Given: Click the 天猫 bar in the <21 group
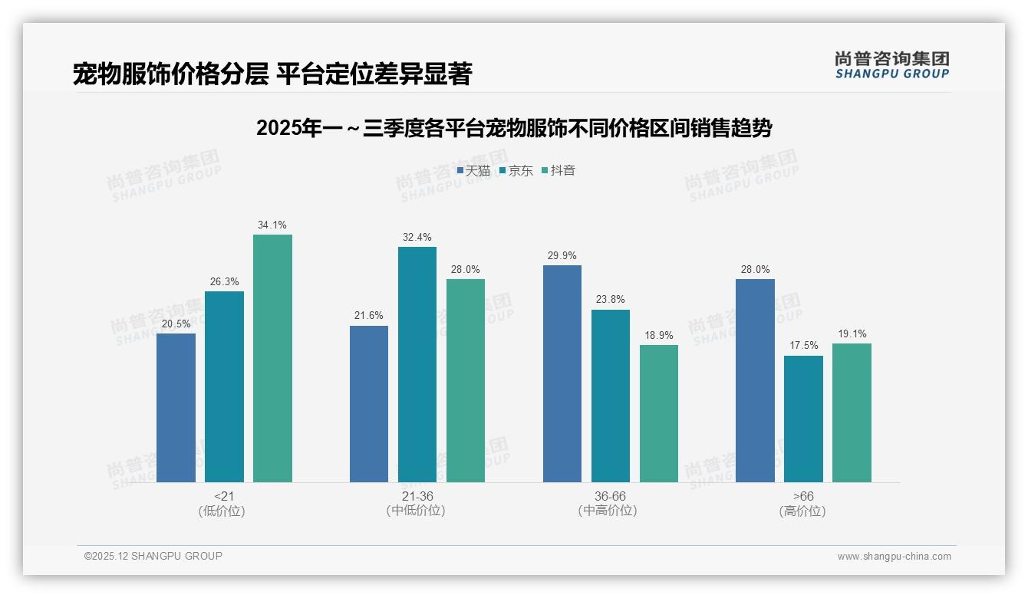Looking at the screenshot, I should (x=176, y=408).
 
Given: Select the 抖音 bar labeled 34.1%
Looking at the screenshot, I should (x=272, y=358).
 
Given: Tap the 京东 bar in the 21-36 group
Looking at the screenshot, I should (x=417, y=364).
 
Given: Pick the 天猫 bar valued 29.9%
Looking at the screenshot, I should (x=562, y=373).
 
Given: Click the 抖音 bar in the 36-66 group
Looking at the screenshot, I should (x=659, y=413).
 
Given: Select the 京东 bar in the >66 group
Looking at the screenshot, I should (x=803, y=419).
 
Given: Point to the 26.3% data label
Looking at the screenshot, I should (x=224, y=281).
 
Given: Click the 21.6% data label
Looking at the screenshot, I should (x=369, y=316).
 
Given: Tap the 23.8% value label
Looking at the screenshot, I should (x=611, y=300).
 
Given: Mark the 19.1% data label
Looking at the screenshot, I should (x=852, y=333).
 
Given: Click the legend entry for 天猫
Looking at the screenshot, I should (x=473, y=170).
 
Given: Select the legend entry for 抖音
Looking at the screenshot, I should (x=558, y=170).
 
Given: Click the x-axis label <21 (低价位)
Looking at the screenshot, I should (x=224, y=504).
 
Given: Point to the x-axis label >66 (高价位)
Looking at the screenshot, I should (x=803, y=504).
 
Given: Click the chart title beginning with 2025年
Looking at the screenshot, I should (x=514, y=128).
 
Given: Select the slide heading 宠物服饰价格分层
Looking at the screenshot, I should (x=272, y=74).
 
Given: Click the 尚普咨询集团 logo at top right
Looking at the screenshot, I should (x=891, y=65).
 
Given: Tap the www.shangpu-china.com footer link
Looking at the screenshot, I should (x=894, y=556).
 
